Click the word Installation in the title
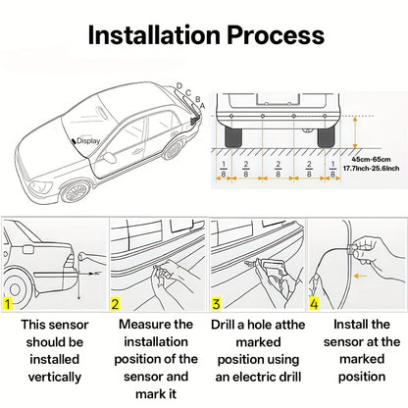tap(154, 34)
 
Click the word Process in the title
tap(276, 34)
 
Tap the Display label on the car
tap(88, 141)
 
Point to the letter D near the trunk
tap(179, 86)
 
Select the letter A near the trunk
tap(202, 106)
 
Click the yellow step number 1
tap(7, 304)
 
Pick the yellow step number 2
tap(115, 304)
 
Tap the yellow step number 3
tap(216, 304)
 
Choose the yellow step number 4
tap(314, 304)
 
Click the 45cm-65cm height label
tap(371, 160)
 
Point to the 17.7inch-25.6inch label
tap(371, 169)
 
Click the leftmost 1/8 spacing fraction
tap(224, 169)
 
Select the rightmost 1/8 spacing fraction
tap(332, 169)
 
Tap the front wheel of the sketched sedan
tap(75, 192)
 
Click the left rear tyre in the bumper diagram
tap(233, 136)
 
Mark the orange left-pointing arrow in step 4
tap(360, 277)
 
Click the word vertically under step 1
tap(55, 377)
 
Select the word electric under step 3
tap(260, 377)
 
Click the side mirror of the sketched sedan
tap(110, 157)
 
